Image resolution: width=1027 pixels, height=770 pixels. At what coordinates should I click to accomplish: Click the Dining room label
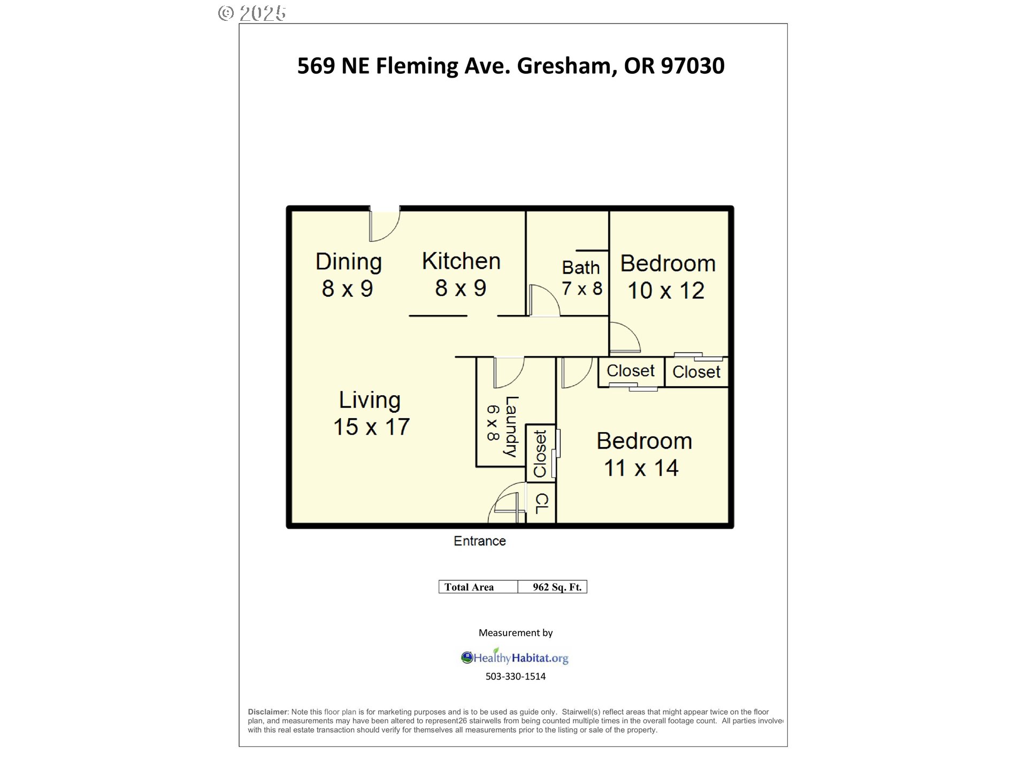[349, 262]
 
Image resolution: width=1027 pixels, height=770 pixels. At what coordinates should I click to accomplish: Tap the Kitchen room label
[461, 261]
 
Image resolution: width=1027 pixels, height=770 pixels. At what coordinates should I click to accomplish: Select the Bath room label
[580, 267]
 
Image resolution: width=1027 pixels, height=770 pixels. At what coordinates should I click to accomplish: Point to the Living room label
[370, 400]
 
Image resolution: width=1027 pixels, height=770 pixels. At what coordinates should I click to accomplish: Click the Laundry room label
[511, 427]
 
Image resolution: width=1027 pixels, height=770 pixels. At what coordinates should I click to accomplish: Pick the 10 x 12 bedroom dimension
[666, 291]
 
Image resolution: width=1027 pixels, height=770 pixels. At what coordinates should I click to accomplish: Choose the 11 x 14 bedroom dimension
[641, 468]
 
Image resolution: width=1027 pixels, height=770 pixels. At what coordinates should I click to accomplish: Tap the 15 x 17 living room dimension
[371, 427]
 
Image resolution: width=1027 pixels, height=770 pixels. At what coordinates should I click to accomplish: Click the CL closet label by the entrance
[542, 504]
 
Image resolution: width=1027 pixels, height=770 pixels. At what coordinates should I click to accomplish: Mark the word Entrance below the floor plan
[480, 541]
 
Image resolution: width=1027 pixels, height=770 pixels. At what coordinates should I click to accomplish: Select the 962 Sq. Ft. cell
[557, 587]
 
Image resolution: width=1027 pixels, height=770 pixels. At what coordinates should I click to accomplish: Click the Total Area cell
[469, 587]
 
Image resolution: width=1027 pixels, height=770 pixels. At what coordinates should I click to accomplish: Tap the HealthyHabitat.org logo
[515, 658]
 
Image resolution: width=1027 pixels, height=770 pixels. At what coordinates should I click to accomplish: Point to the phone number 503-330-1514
[516, 676]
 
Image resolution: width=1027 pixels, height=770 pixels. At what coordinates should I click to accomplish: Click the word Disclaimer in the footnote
[268, 712]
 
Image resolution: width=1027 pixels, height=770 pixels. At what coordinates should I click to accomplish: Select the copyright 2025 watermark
[252, 13]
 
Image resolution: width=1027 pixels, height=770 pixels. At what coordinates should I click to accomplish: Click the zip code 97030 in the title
[693, 66]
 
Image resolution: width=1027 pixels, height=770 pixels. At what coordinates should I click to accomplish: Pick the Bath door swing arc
[545, 301]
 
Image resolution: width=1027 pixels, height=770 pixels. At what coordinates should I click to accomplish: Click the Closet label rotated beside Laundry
[540, 454]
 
